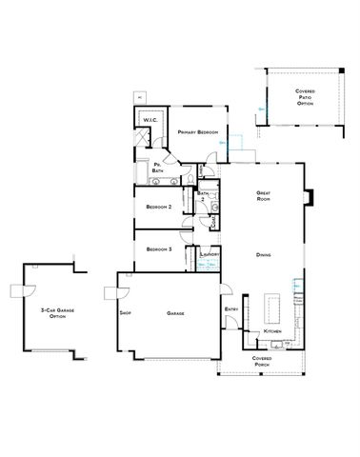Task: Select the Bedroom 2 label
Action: pyautogui.click(x=158, y=206)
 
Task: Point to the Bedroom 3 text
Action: pyautogui.click(x=158, y=249)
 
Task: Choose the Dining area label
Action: pyautogui.click(x=264, y=255)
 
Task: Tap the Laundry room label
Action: pyautogui.click(x=210, y=255)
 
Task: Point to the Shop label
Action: pyautogui.click(x=124, y=312)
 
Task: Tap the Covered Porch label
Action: pyautogui.click(x=262, y=361)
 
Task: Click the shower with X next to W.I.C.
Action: pyautogui.click(x=141, y=136)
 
